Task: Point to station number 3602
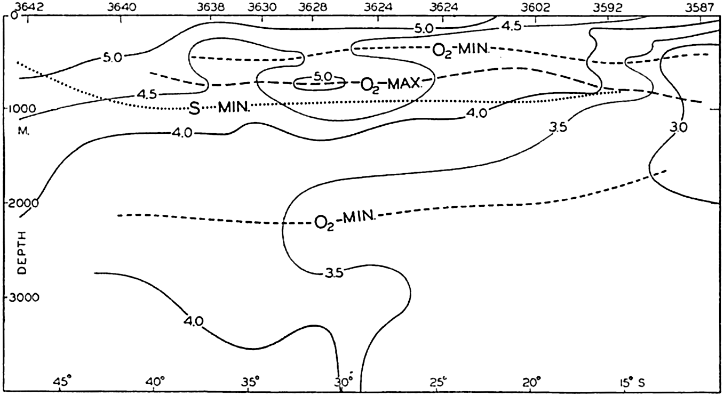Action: point(535,6)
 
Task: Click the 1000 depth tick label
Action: point(22,109)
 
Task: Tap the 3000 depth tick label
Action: point(23,297)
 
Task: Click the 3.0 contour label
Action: point(678,127)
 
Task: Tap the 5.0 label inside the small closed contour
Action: point(323,77)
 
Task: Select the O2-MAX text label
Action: point(391,85)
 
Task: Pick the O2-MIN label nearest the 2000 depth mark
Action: point(345,219)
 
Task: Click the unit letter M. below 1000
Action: point(23,132)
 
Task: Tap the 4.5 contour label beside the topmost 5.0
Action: point(512,26)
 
